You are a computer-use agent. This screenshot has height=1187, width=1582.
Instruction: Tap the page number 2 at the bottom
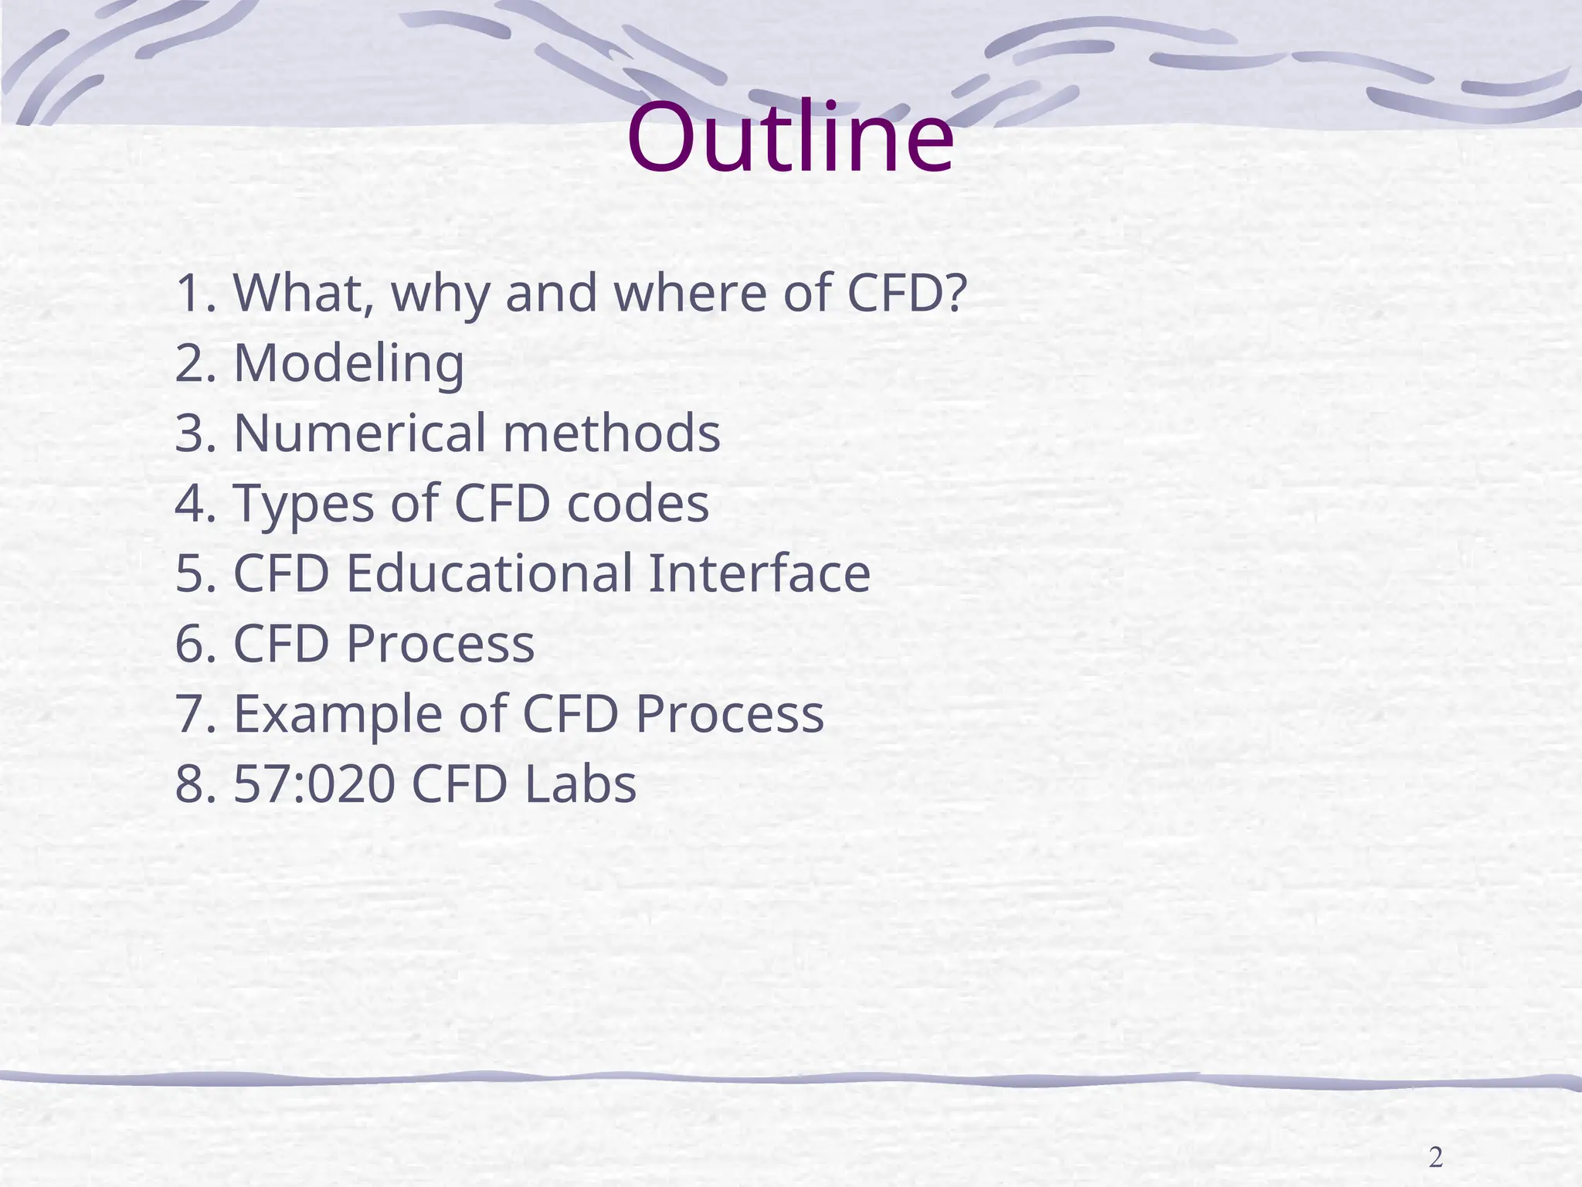[x=1435, y=1158]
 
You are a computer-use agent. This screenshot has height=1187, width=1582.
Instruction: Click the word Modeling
[x=348, y=362]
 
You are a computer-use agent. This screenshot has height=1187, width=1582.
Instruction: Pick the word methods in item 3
[x=611, y=433]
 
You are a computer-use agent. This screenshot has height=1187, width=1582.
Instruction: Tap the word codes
[x=637, y=503]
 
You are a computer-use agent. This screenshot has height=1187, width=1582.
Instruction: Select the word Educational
[x=489, y=573]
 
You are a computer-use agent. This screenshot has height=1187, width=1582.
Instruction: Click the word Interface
[x=759, y=573]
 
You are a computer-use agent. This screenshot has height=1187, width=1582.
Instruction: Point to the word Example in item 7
[x=338, y=714]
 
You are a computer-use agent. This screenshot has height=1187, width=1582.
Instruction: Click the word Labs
[x=579, y=784]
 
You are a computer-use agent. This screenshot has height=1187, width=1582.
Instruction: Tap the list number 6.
[x=191, y=644]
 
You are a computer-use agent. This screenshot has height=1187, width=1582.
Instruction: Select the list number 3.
[x=191, y=433]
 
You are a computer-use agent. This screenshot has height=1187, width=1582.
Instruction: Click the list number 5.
[x=191, y=573]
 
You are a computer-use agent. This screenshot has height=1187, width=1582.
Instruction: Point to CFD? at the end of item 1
[x=906, y=293]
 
